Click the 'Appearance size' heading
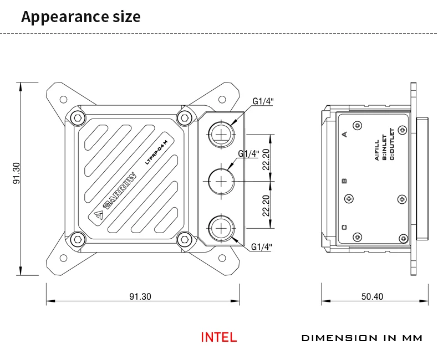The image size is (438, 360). (81, 17)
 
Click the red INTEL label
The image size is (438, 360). (218, 337)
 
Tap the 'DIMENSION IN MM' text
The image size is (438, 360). (361, 338)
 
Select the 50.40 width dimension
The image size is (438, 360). (372, 296)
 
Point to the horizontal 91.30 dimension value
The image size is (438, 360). (140, 296)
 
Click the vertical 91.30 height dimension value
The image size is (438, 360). (16, 173)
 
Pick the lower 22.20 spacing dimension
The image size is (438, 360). (267, 205)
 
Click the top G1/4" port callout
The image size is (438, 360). (263, 101)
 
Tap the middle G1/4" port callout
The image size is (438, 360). (248, 153)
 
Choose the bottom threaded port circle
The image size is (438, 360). (222, 228)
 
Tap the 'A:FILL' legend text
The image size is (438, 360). (377, 150)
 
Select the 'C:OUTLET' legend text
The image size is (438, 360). (391, 144)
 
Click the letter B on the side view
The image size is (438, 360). (344, 181)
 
